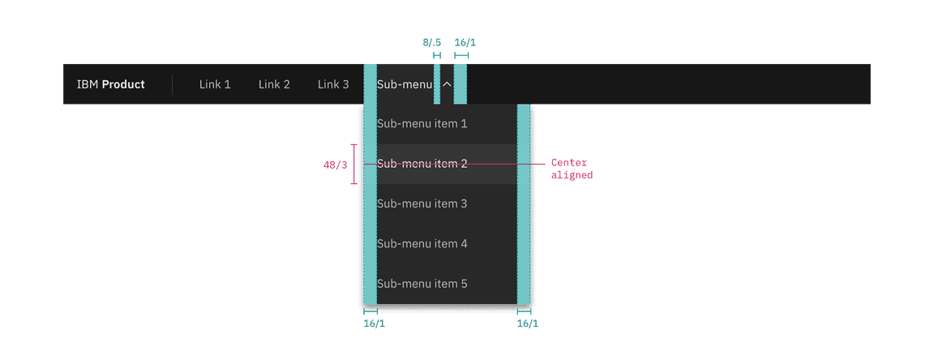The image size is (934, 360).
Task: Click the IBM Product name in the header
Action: click(x=110, y=84)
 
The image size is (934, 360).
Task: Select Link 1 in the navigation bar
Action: click(x=215, y=84)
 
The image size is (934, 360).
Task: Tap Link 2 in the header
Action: click(x=274, y=84)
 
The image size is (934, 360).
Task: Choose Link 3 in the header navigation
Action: click(x=333, y=84)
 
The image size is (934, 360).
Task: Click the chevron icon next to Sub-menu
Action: click(x=448, y=84)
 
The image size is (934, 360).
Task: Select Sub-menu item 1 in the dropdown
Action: click(x=422, y=124)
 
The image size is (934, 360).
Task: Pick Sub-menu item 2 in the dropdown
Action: click(x=422, y=164)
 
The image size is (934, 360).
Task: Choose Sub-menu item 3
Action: click(x=422, y=204)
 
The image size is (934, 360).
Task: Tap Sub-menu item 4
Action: click(x=422, y=243)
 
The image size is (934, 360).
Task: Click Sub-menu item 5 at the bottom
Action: click(x=422, y=284)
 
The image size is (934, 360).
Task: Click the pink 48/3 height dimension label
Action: click(x=335, y=165)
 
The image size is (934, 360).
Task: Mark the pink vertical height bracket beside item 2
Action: click(x=353, y=165)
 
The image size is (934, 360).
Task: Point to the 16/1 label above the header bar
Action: click(x=465, y=43)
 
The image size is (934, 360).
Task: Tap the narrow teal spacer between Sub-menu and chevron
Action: click(x=437, y=84)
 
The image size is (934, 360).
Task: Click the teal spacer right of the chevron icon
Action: click(x=460, y=84)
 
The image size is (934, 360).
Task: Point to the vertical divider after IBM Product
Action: click(x=172, y=84)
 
